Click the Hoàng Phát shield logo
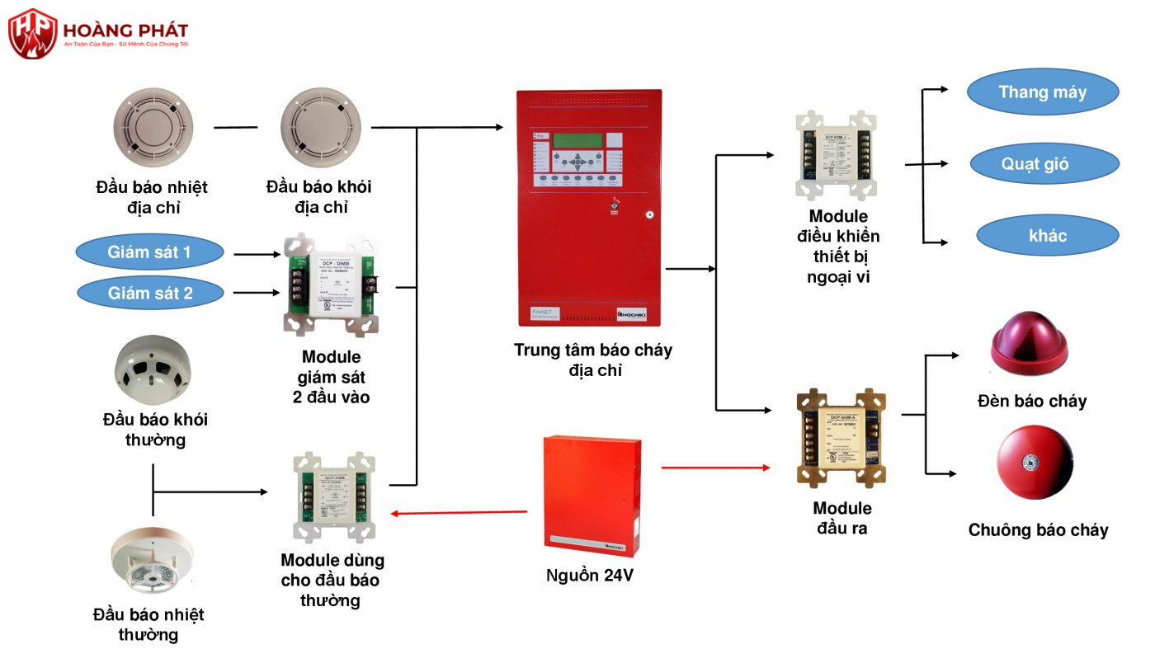click(33, 33)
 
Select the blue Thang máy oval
click(1042, 92)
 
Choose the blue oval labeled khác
click(1047, 236)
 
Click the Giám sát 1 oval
click(149, 252)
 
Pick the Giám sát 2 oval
click(149, 293)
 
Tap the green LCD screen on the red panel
click(577, 139)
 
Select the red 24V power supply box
click(592, 495)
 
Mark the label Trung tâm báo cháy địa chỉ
click(593, 360)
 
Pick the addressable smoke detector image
click(320, 127)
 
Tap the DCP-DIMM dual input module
click(333, 285)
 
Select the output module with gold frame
click(841, 438)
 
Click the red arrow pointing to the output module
click(715, 468)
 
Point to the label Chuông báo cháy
click(1038, 530)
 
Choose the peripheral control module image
click(835, 155)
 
